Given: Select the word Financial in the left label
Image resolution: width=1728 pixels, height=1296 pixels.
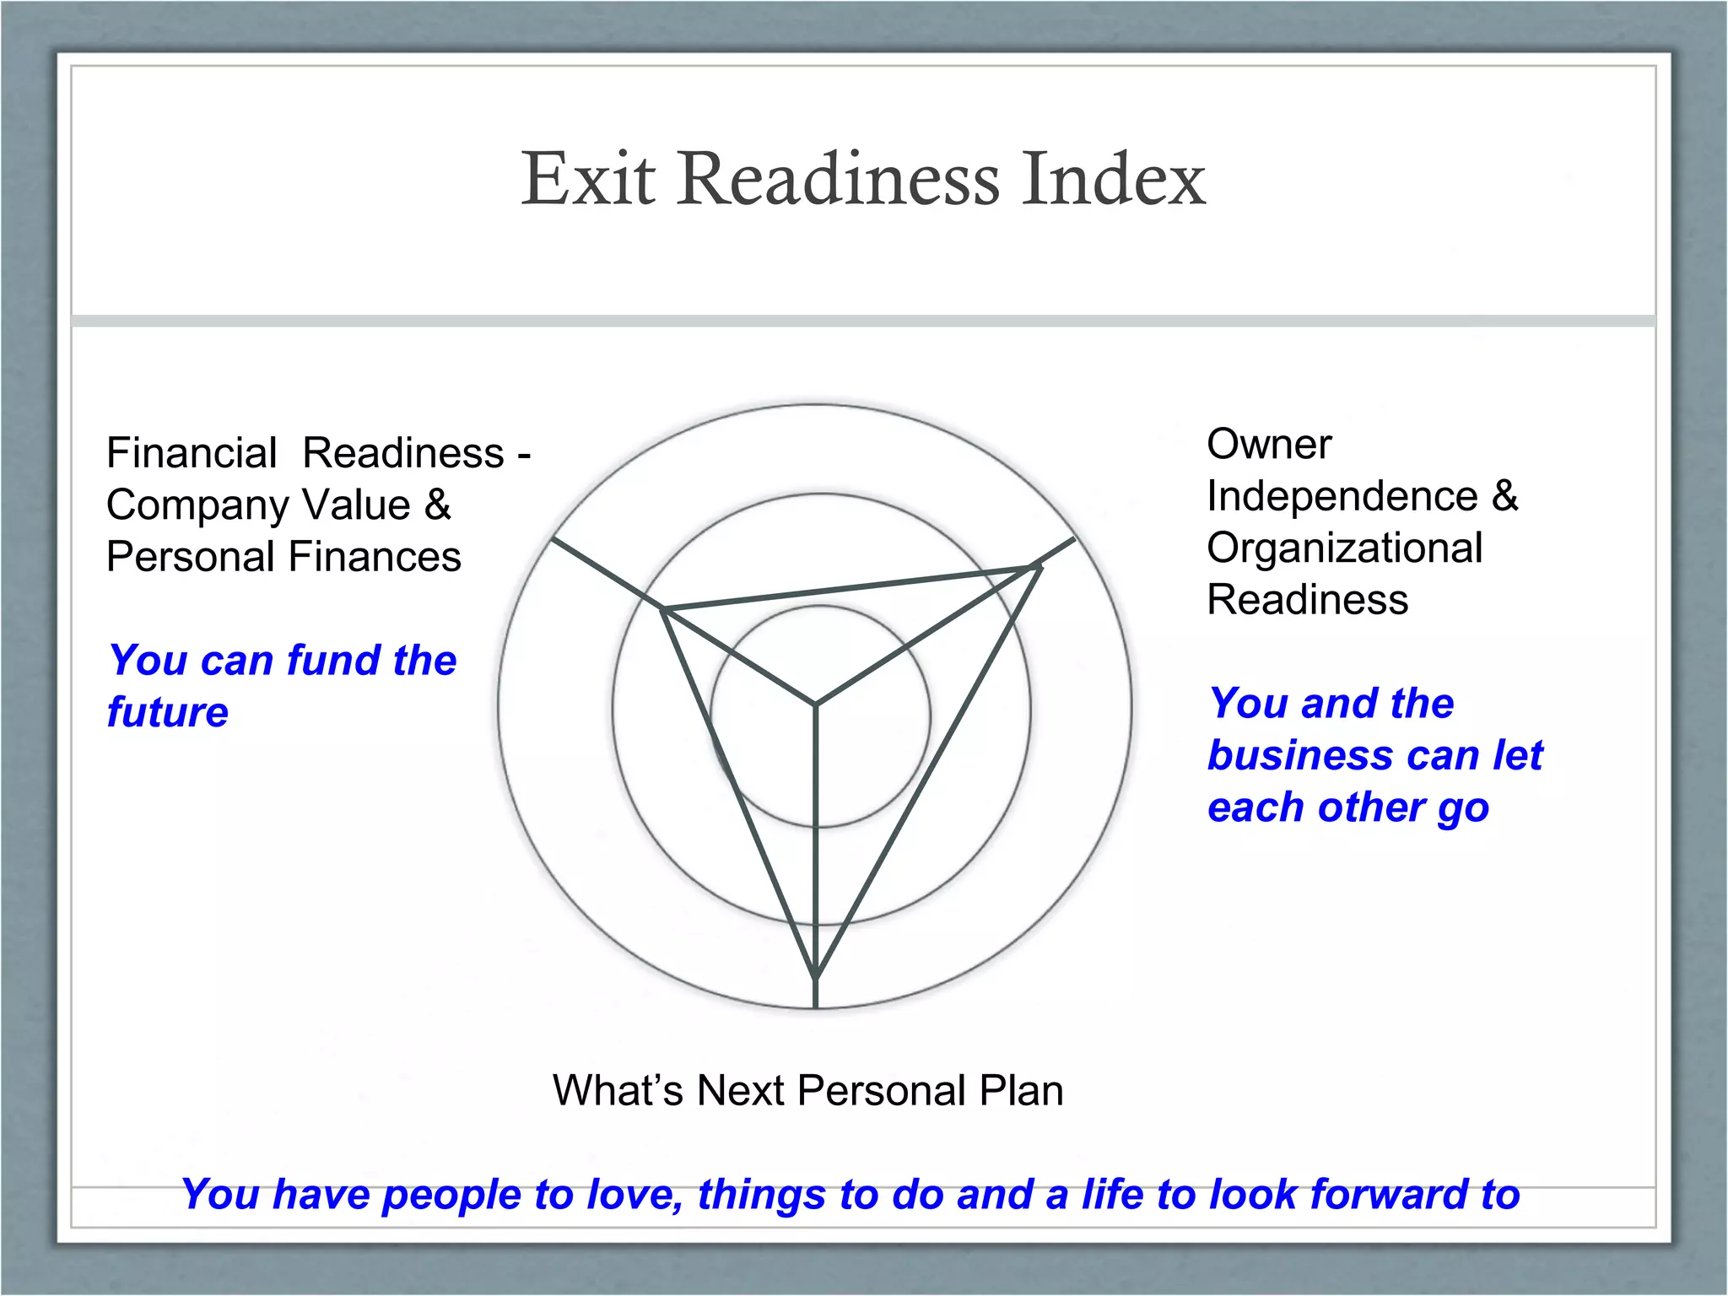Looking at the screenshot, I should click(x=192, y=453).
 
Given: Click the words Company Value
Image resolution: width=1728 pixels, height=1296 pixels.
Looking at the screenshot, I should click(x=258, y=505).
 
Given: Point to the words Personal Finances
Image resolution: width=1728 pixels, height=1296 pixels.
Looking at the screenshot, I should click(x=283, y=557).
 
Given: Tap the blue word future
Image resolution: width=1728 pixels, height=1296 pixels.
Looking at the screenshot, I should click(x=168, y=712).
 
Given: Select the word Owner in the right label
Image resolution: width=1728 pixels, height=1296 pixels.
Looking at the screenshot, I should click(x=1269, y=444).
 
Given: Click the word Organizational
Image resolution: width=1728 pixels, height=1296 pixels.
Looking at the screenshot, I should click(x=1344, y=548).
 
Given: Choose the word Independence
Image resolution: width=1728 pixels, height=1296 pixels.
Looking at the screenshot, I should click(x=1342, y=496).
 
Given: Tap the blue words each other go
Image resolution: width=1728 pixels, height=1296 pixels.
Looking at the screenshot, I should click(x=1347, y=807).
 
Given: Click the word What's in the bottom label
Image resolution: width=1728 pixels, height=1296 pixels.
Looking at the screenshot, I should click(x=617, y=1090).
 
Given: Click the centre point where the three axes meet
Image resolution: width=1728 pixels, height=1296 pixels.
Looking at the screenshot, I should click(x=816, y=704).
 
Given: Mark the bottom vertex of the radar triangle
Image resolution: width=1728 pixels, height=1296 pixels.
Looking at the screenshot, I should click(x=816, y=979).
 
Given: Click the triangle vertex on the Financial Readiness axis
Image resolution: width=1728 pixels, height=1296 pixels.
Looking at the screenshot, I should click(x=664, y=607).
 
